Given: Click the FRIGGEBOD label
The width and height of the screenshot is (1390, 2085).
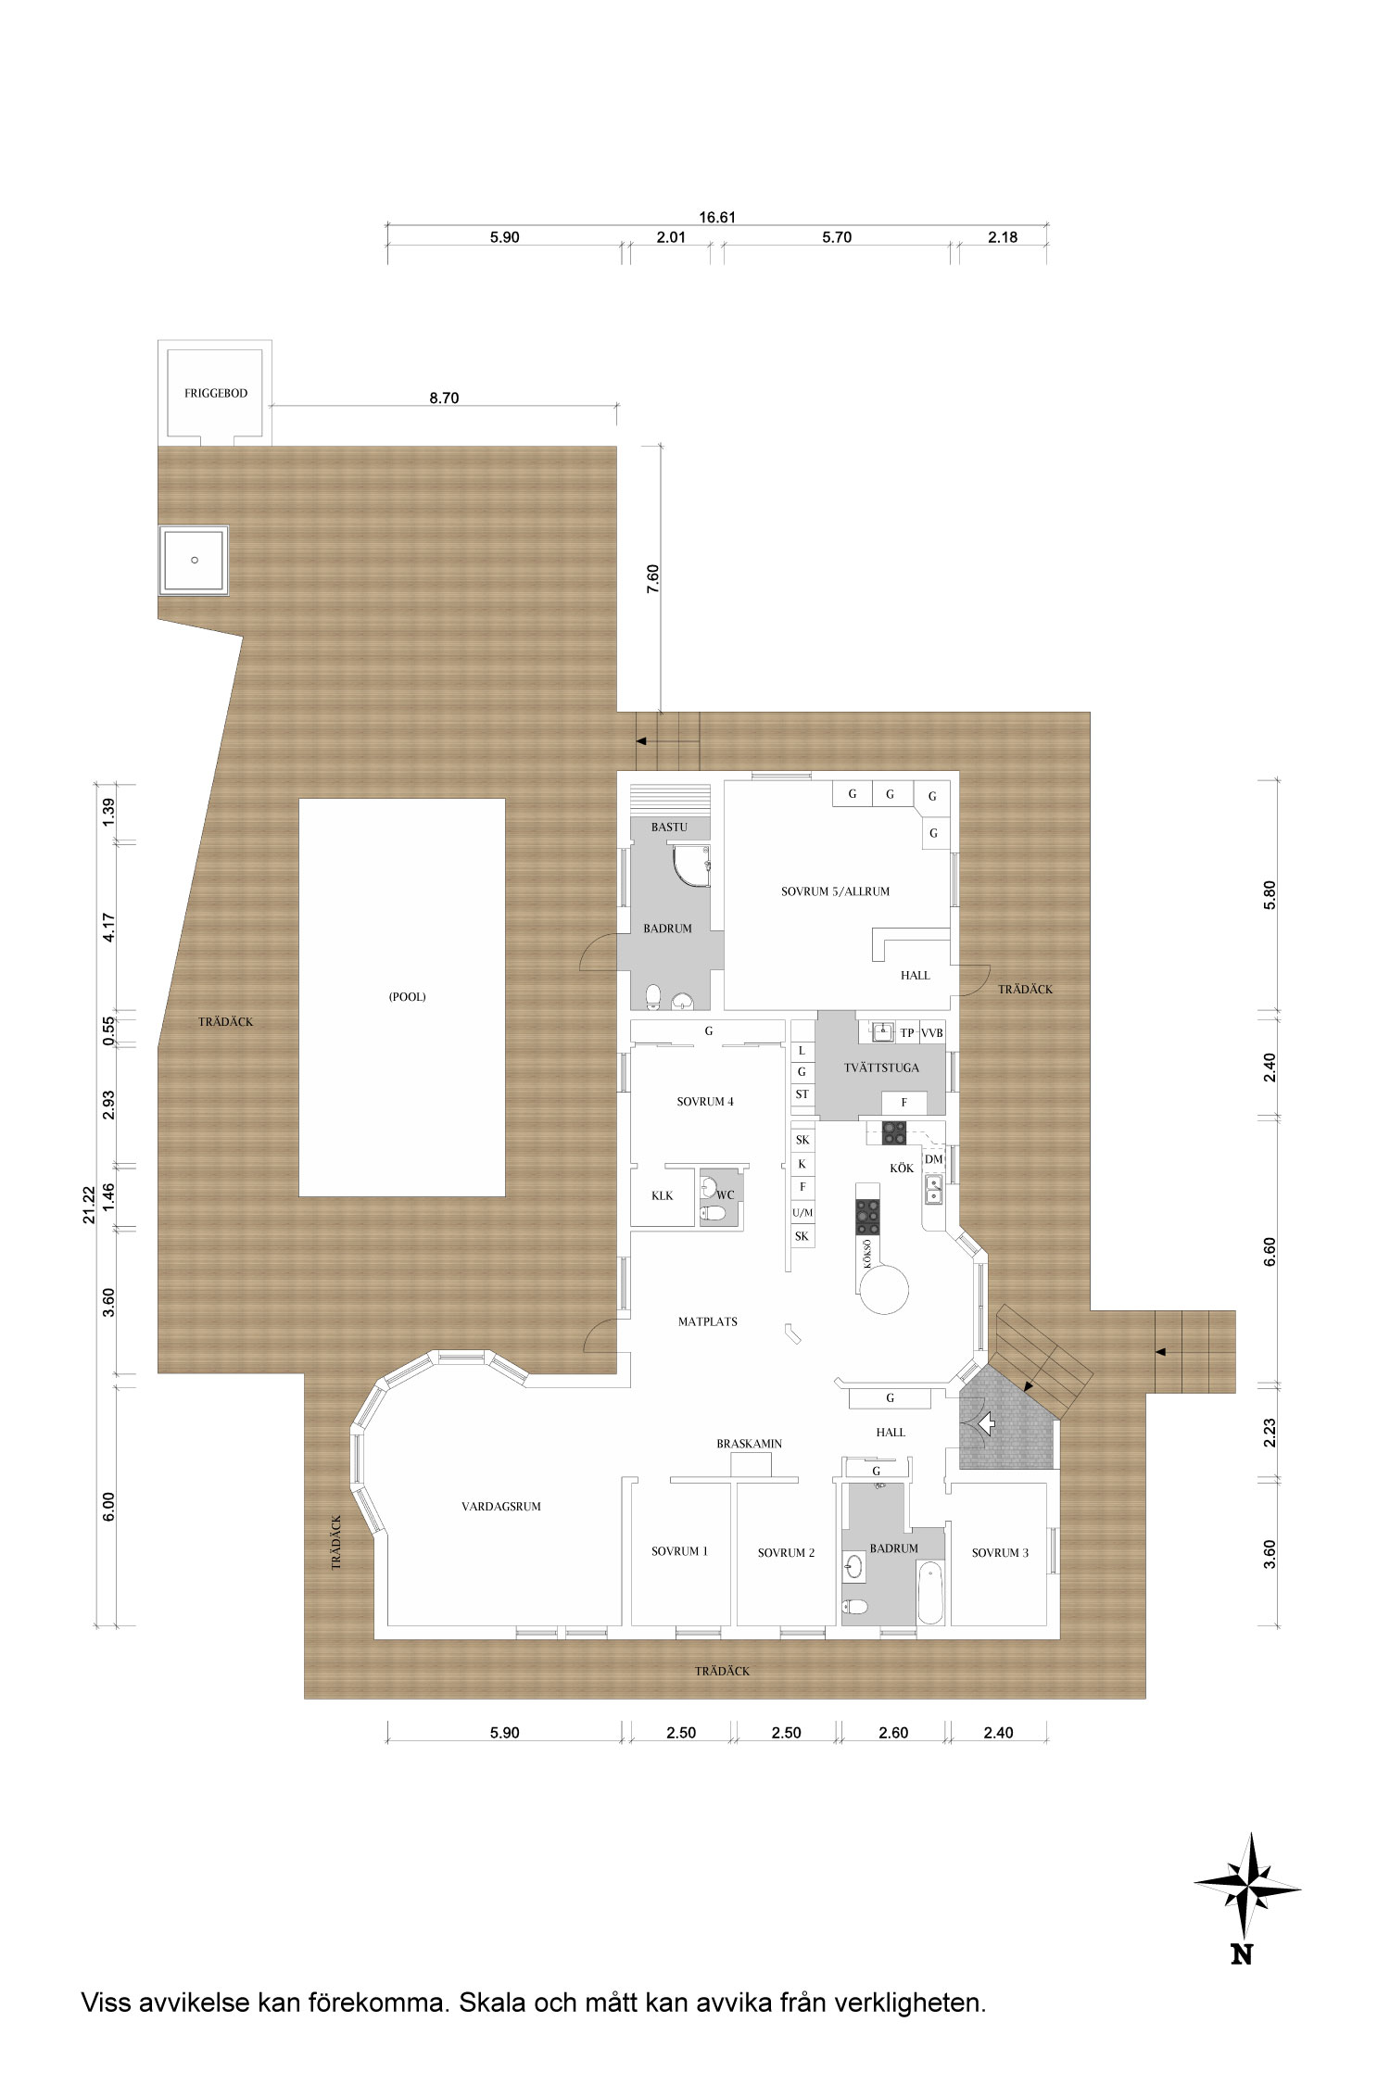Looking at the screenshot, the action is tap(216, 393).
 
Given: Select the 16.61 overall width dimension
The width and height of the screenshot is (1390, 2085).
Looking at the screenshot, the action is tap(717, 218).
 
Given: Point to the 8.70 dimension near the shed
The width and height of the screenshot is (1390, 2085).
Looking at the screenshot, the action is tap(444, 398).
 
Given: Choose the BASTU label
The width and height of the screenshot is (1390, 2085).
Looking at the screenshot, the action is tap(669, 827).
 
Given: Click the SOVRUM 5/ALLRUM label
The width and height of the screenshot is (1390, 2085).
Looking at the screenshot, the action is tap(835, 891).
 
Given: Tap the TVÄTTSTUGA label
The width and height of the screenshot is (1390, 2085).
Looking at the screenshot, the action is tap(881, 1068).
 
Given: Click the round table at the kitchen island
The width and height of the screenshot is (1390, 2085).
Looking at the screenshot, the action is tap(885, 1288).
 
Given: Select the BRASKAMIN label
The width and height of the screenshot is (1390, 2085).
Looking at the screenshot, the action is tap(750, 1444).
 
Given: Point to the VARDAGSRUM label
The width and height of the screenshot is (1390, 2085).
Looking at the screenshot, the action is tap(501, 1507).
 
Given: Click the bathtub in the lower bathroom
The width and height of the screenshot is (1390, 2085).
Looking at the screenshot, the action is tap(929, 1592).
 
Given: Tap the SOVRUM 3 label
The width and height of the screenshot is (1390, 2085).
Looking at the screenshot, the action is tap(1000, 1552).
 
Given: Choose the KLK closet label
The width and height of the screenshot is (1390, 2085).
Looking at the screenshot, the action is tap(662, 1195).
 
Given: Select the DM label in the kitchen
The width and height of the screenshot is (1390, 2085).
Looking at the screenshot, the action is tap(933, 1159).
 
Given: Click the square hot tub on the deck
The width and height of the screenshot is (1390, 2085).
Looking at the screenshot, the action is tap(194, 560).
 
